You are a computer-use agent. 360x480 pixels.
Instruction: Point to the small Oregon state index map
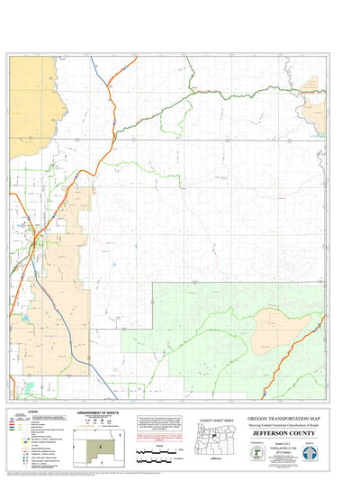pyautogui.click(x=215, y=437)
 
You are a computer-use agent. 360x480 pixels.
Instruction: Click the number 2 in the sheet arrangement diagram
pyautogui.click(x=101, y=446)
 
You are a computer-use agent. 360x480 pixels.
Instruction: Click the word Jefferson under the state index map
pyautogui.click(x=215, y=457)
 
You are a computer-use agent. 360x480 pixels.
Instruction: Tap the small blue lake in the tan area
pyautogui.click(x=27, y=318)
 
